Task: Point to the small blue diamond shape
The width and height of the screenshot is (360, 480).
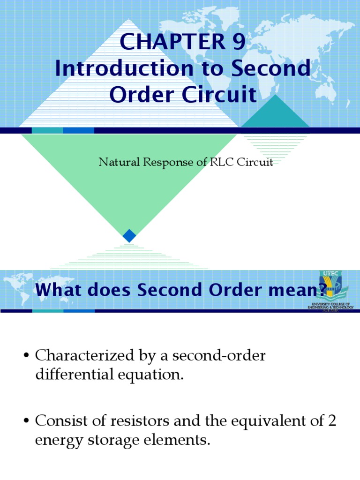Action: tap(129, 236)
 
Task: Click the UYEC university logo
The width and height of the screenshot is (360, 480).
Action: tap(330, 289)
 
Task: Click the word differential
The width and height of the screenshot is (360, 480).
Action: tap(74, 375)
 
